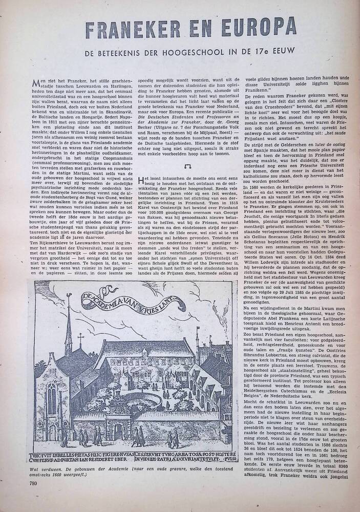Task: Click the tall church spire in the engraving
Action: tap(69, 328)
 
